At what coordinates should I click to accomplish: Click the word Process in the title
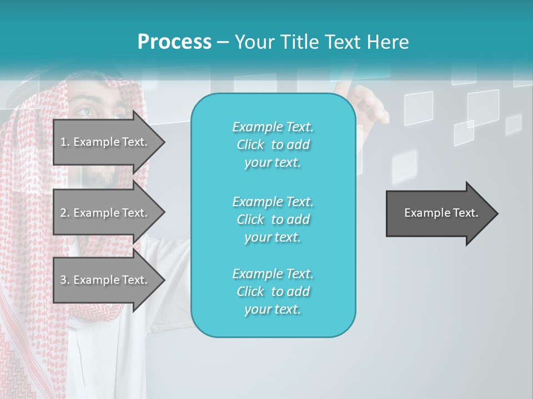[174, 42]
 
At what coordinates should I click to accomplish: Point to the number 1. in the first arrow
[64, 142]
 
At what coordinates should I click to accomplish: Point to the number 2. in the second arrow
[64, 213]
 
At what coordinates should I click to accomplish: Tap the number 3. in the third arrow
[64, 280]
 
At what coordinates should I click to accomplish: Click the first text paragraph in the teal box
[273, 145]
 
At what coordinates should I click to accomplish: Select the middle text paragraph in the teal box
[273, 219]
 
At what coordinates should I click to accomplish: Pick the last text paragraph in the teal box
[273, 291]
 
